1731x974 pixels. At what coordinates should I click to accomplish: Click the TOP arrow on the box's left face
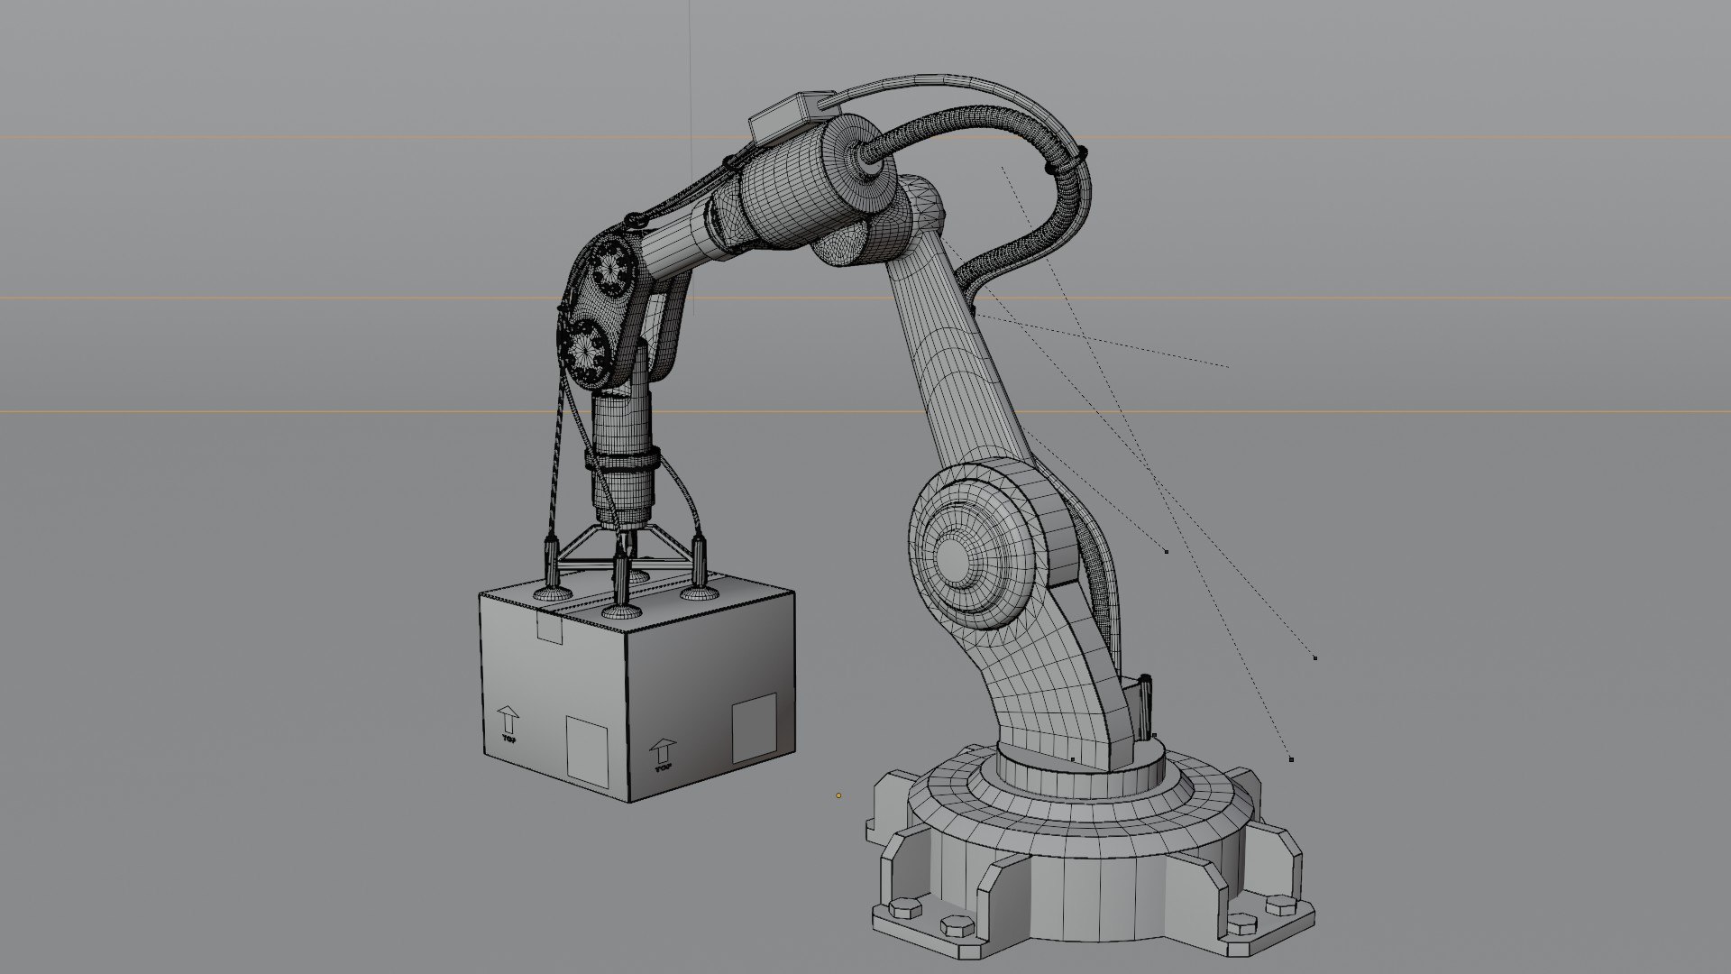click(x=508, y=721)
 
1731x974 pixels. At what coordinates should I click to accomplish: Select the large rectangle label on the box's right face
click(x=754, y=729)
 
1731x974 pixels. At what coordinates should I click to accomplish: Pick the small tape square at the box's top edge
click(x=549, y=629)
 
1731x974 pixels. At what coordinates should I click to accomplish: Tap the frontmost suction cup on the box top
click(x=622, y=610)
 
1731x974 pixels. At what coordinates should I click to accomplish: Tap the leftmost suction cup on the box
click(x=551, y=591)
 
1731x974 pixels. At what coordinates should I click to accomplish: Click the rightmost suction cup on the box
click(x=697, y=592)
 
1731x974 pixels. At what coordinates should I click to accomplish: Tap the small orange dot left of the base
click(x=838, y=795)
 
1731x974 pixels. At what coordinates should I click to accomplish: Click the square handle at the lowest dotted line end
click(x=1291, y=759)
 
